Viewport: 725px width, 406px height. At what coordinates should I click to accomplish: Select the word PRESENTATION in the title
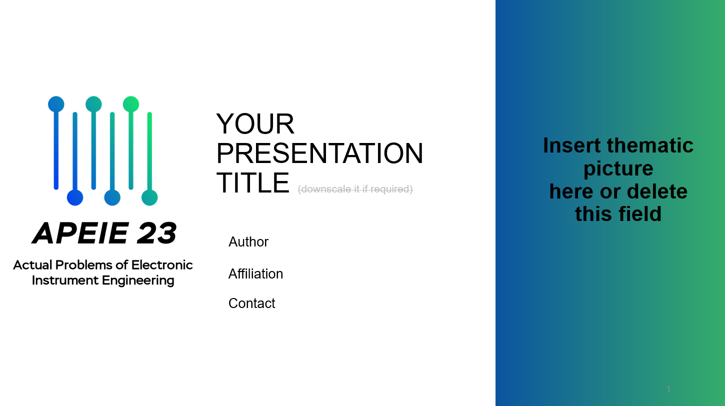coord(320,153)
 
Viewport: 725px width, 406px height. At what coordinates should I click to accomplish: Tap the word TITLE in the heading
coord(253,183)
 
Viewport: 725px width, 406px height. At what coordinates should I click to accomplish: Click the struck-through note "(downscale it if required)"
coord(355,189)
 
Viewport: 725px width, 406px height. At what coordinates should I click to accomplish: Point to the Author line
coord(248,242)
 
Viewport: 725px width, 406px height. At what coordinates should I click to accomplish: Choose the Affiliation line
coord(255,274)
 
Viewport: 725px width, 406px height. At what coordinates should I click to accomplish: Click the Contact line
coord(252,303)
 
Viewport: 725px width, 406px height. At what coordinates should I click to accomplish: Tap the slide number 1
coord(668,389)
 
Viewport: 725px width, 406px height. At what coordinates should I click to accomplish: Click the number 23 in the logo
coord(156,233)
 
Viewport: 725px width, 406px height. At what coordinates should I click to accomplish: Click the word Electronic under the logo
coord(162,265)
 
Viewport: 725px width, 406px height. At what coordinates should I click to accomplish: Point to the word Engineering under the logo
coord(138,280)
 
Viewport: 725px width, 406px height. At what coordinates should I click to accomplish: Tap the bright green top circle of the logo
coord(131,104)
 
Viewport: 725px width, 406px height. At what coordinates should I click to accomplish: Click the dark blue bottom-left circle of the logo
coord(75,197)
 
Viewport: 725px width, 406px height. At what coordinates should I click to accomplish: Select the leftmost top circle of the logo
coord(56,104)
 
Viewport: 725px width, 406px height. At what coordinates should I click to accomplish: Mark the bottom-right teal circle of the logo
coord(149,197)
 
